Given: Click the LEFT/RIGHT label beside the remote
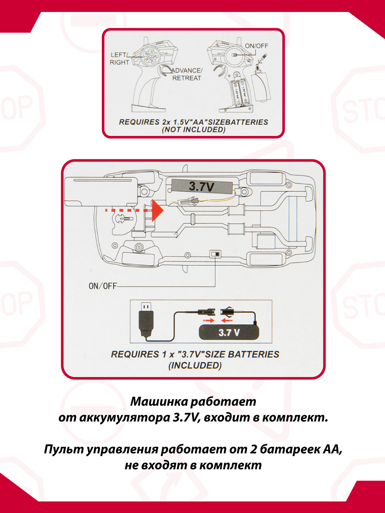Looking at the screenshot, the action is pyautogui.click(x=119, y=59).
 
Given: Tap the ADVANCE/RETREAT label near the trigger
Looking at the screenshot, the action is pyautogui.click(x=187, y=74).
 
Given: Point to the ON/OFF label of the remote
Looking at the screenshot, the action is pyautogui.click(x=256, y=46).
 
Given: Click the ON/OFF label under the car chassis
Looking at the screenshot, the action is pyautogui.click(x=103, y=286).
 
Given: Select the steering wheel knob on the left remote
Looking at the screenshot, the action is pyautogui.click(x=151, y=56).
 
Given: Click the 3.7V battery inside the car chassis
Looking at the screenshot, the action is pyautogui.click(x=202, y=187).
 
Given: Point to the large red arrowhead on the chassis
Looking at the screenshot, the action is pyautogui.click(x=157, y=210).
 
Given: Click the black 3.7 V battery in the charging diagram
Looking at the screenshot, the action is pyautogui.click(x=229, y=333).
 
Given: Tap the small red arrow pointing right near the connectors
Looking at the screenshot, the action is pyautogui.click(x=208, y=321).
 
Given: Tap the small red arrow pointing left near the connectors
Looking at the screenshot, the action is pyautogui.click(x=227, y=321).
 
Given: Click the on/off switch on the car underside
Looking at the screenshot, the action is pyautogui.click(x=215, y=254).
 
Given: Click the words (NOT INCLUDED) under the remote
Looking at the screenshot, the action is pyautogui.click(x=193, y=130).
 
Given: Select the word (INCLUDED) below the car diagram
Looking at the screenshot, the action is pyautogui.click(x=195, y=365).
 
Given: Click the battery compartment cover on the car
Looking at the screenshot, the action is pyautogui.click(x=101, y=192).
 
